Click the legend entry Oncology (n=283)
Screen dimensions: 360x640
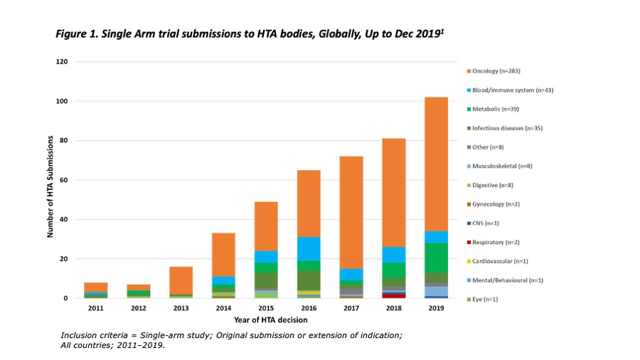click(x=497, y=71)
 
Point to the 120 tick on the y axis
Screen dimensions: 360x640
click(x=62, y=62)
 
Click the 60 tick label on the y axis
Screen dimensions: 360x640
click(x=63, y=180)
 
